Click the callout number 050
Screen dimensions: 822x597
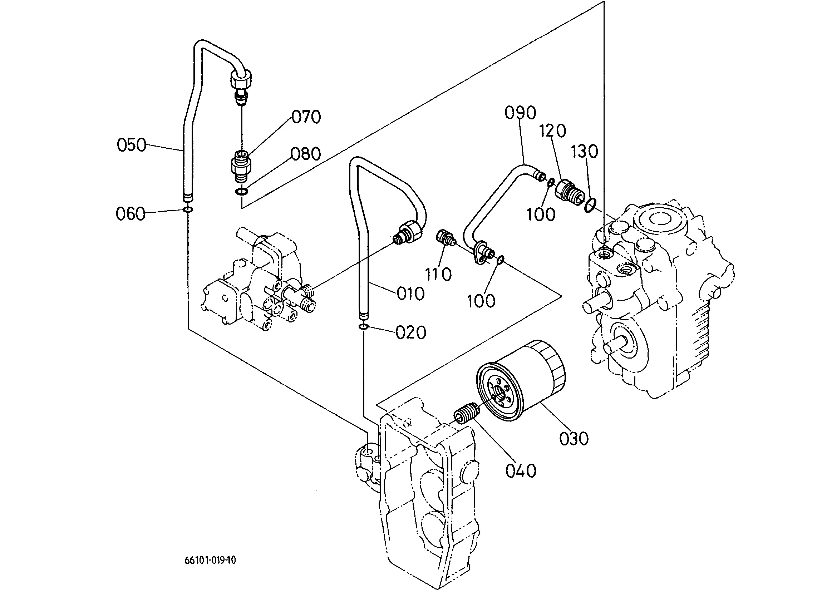click(x=131, y=145)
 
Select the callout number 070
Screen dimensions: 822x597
click(x=306, y=117)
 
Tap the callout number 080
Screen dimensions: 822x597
click(x=306, y=154)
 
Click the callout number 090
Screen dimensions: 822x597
click(x=521, y=113)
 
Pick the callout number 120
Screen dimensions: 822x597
click(x=553, y=130)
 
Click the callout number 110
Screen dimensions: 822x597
click(x=439, y=275)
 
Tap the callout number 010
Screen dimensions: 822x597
click(x=410, y=293)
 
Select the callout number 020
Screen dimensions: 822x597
click(x=410, y=332)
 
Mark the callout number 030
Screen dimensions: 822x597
click(x=574, y=439)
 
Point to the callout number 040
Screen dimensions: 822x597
click(x=521, y=471)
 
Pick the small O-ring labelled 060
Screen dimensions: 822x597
click(x=188, y=209)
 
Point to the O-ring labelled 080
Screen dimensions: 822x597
click(x=242, y=191)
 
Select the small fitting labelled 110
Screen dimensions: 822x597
click(x=445, y=238)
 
